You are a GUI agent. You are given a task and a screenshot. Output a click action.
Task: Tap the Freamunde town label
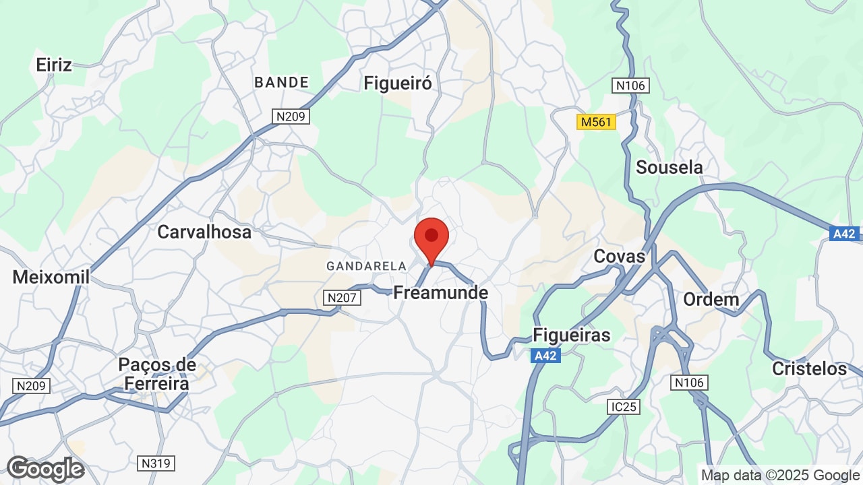coord(440,293)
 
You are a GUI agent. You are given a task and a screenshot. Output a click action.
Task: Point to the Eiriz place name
coord(54,65)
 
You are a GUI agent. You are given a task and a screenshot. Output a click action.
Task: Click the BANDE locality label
coord(281,82)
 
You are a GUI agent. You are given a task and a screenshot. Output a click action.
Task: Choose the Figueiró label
coord(397,83)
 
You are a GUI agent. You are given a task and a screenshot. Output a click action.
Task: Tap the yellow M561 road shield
coord(597,122)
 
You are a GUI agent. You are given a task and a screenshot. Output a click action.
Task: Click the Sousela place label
coord(669,167)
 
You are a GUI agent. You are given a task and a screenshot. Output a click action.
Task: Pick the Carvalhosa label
coord(204,232)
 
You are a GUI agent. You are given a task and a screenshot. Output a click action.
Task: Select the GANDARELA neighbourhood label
coord(366,266)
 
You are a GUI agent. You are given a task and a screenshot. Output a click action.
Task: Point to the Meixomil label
coord(51,277)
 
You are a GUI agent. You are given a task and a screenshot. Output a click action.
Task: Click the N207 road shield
coord(341,297)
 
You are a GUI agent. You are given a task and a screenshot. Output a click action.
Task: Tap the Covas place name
coord(619,256)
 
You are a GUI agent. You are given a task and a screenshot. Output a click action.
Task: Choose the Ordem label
coord(711,299)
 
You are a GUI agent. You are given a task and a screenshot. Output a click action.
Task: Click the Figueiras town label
coord(572,335)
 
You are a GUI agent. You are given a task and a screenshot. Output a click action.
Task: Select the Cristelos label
coord(809,368)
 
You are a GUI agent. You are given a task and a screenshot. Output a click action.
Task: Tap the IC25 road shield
coord(622,407)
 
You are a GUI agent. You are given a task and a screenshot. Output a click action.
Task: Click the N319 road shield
coord(156,463)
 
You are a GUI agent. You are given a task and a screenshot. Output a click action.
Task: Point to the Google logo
coord(45,469)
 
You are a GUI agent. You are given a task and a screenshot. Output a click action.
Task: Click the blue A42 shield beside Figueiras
coord(545,356)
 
